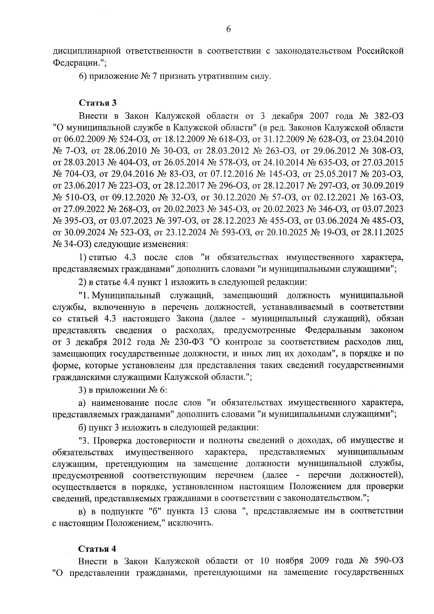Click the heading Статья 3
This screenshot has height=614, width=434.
click(x=98, y=103)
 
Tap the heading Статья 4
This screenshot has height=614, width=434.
click(x=98, y=549)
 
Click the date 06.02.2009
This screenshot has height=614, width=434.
click(x=82, y=139)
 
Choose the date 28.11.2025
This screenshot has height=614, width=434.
click(x=383, y=232)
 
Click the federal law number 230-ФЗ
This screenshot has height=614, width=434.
click(x=188, y=342)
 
